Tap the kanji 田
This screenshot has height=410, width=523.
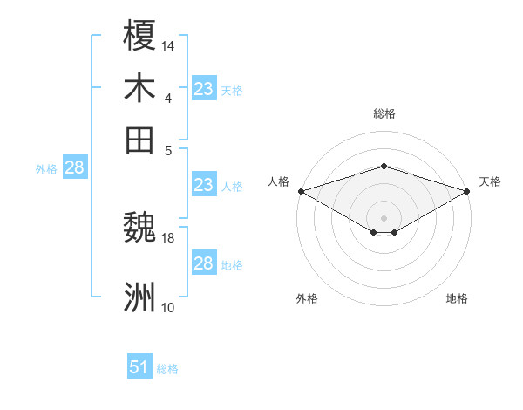point(139,139)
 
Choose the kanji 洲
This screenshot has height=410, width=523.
point(139,297)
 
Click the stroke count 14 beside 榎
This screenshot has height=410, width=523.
point(168,45)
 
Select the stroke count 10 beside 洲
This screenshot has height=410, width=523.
point(168,307)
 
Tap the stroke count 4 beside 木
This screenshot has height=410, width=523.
point(168,97)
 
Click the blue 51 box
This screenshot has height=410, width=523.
point(139,367)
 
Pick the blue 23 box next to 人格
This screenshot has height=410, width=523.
point(203,185)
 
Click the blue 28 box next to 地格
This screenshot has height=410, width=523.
point(203,263)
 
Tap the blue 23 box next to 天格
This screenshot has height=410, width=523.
point(203,89)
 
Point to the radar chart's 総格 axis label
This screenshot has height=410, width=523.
point(384,113)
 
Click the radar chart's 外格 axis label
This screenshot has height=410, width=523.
point(307,298)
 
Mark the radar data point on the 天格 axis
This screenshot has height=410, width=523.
point(468,191)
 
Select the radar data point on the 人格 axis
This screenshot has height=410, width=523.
point(301,191)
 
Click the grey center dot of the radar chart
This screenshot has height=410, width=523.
point(384,217)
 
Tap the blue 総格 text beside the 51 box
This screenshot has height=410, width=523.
point(167,369)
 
